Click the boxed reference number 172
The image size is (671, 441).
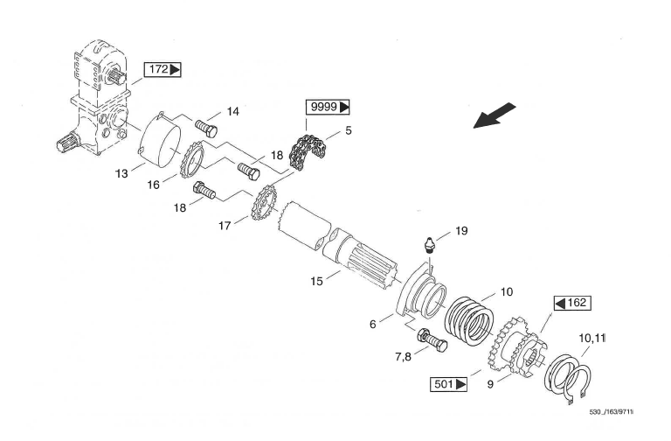(163, 69)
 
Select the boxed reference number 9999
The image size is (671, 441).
(328, 107)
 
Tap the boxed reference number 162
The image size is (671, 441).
(572, 303)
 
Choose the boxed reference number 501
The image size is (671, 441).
(448, 384)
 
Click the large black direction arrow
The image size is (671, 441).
(495, 115)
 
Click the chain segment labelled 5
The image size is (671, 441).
(308, 152)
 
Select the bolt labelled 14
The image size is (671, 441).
(206, 128)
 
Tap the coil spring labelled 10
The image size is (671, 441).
(469, 318)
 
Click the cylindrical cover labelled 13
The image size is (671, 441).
(161, 138)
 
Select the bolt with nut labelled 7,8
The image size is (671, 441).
(432, 340)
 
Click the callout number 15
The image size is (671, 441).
(316, 281)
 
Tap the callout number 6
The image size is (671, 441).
(373, 324)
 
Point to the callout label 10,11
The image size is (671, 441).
(591, 338)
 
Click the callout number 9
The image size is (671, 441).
(490, 384)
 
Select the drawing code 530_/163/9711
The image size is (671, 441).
(612, 412)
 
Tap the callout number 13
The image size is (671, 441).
(121, 173)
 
